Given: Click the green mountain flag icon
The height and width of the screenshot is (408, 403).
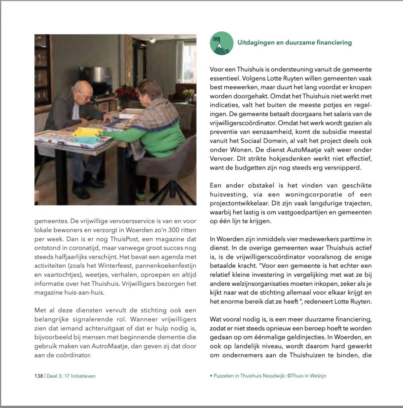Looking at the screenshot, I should point(221,43).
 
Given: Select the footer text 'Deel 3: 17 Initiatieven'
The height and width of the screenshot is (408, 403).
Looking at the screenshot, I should point(71,376).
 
